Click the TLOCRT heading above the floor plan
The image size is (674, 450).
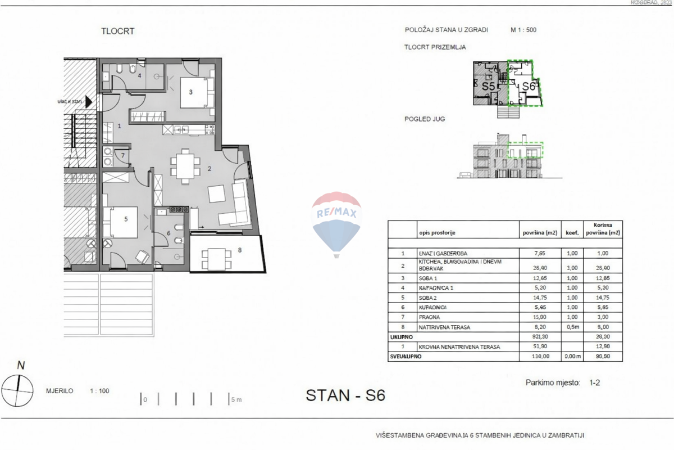click(117, 31)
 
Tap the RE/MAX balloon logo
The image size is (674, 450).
click(336, 223)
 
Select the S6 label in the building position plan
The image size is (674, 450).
click(528, 87)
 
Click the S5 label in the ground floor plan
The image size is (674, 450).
click(488, 87)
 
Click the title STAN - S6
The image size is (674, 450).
click(345, 395)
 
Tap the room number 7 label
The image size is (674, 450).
click(122, 155)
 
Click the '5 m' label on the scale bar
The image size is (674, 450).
click(236, 400)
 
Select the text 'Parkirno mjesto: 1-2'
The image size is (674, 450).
click(563, 382)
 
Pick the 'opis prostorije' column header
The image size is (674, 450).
click(436, 232)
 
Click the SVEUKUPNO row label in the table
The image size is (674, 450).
click(405, 357)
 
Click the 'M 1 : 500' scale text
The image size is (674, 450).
click(523, 30)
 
